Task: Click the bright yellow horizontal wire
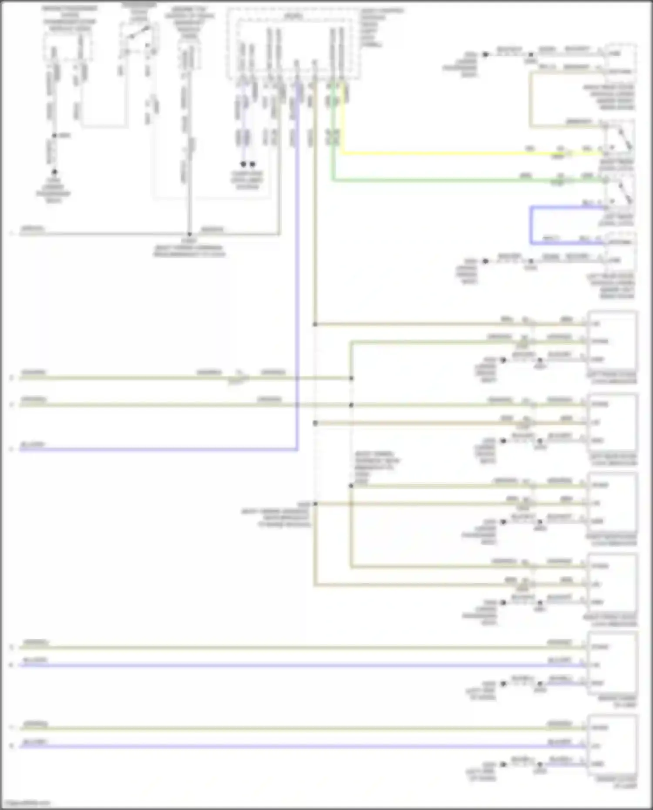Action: click(457, 153)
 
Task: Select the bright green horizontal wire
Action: click(457, 179)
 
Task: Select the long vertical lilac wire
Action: click(297, 261)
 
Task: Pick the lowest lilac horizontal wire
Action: click(305, 746)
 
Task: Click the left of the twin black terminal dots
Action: click(243, 164)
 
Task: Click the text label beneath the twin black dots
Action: click(247, 180)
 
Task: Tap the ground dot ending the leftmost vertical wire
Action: click(54, 172)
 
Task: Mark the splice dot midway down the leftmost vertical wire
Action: click(54, 136)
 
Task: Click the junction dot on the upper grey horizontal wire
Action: click(189, 234)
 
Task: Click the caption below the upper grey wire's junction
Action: click(189, 248)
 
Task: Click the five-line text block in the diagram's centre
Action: click(377, 467)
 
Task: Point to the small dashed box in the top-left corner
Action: click(67, 47)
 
